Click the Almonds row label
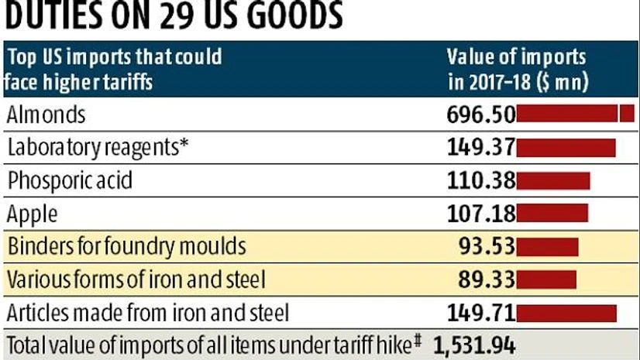pyautogui.click(x=46, y=115)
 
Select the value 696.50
pyautogui.click(x=481, y=115)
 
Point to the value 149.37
pyautogui.click(x=481, y=148)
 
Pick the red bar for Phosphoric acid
pyautogui.click(x=553, y=181)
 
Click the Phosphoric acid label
pyautogui.click(x=70, y=181)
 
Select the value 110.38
pyautogui.click(x=481, y=181)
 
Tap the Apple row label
pyautogui.click(x=32, y=214)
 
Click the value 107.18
pyautogui.click(x=481, y=214)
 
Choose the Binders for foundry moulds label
pyautogui.click(x=126, y=247)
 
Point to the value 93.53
pyautogui.click(x=487, y=247)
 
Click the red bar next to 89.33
pyautogui.click(x=546, y=279)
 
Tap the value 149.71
pyautogui.click(x=481, y=313)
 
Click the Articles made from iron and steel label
pyautogui.click(x=148, y=313)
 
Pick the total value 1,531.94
pyautogui.click(x=474, y=345)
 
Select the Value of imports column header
pyautogui.click(x=516, y=67)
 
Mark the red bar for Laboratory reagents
pyautogui.click(x=566, y=148)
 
